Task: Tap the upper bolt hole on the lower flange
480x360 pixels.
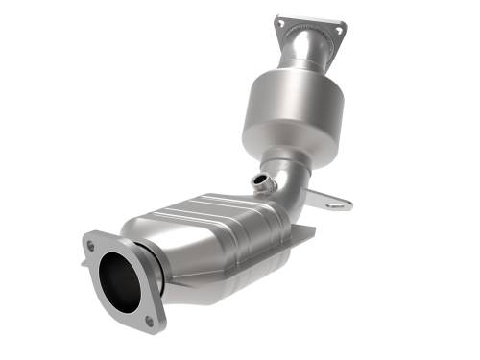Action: pos(91,246)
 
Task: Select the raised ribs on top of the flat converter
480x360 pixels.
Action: pos(216,206)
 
